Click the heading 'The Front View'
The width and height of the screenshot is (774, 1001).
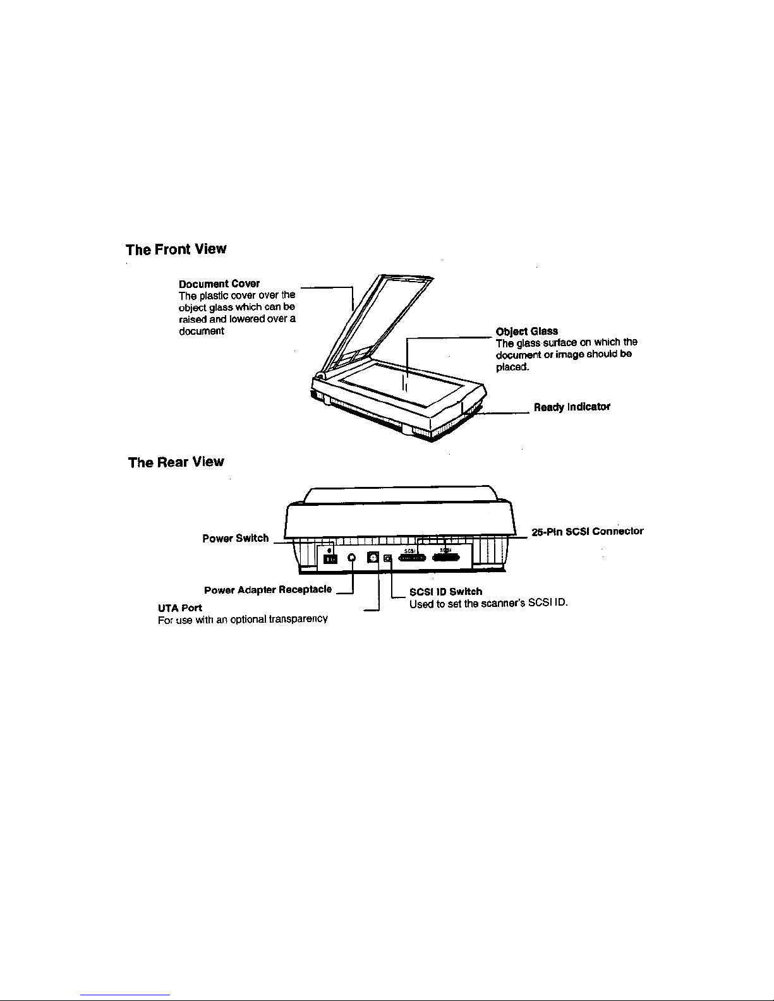point(176,249)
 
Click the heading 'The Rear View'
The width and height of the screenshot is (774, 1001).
point(176,462)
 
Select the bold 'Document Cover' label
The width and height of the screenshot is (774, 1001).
point(219,284)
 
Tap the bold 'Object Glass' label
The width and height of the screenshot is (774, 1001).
point(527,332)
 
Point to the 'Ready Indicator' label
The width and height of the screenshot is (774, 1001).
point(572,407)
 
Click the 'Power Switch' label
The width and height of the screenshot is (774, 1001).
point(235,539)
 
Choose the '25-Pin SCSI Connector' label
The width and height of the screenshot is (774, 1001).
point(587,531)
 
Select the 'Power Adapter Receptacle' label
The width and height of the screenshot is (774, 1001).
point(268,590)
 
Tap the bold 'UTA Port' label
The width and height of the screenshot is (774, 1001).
point(180,608)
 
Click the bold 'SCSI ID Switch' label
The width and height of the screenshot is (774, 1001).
point(446,592)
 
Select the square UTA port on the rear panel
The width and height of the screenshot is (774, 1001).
point(373,558)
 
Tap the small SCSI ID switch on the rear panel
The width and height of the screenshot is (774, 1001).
point(388,558)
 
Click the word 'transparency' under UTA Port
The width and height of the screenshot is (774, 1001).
point(298,620)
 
